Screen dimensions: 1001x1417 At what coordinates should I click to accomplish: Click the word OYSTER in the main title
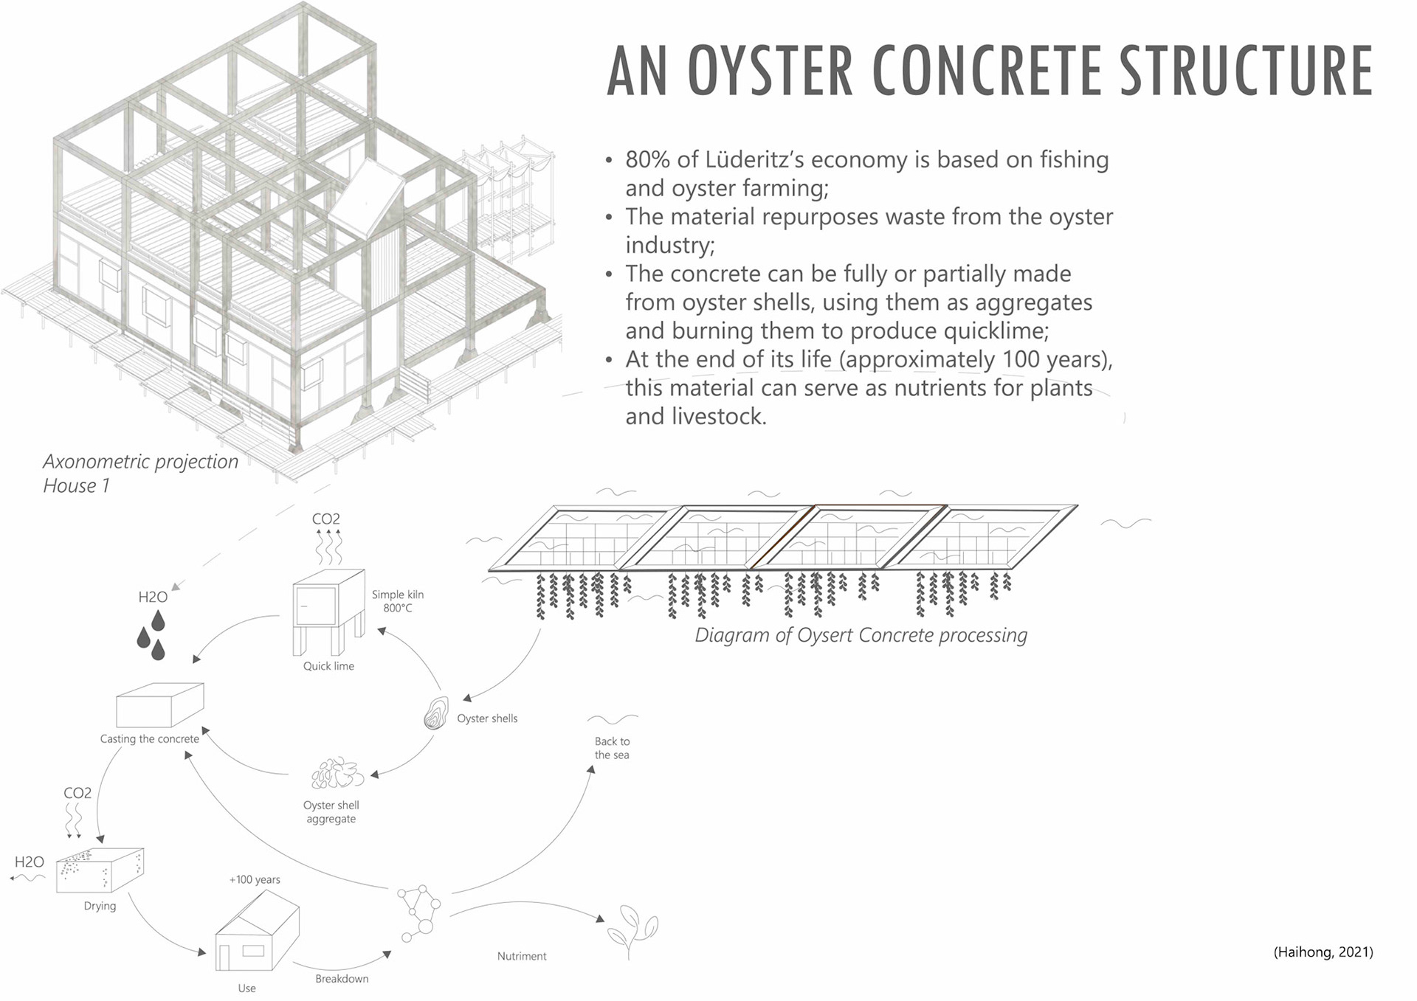771,71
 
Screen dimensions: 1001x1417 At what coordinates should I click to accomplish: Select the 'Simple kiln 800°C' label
397,601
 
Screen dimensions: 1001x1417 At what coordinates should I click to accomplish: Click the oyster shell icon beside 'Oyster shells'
435,713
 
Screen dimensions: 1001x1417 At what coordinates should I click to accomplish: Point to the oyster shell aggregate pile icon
337,774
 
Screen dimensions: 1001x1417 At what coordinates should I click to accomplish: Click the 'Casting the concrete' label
149,739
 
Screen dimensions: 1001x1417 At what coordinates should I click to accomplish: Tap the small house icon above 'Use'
256,932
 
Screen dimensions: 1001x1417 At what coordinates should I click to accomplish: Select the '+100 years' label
255,879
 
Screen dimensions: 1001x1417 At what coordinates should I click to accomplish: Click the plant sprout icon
632,929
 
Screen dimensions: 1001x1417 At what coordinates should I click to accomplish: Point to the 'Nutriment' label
522,956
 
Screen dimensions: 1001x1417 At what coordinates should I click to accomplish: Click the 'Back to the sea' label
612,748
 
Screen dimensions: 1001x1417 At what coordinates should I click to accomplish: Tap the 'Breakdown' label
342,979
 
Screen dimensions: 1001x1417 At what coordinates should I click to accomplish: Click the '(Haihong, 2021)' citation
1323,952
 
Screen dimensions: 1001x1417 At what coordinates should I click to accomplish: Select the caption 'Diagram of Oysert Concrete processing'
861,635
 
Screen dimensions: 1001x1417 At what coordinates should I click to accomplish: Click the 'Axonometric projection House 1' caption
140,473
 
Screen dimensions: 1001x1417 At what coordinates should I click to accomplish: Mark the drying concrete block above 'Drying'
100,870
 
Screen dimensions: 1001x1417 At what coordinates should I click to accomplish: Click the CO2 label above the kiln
325,519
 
